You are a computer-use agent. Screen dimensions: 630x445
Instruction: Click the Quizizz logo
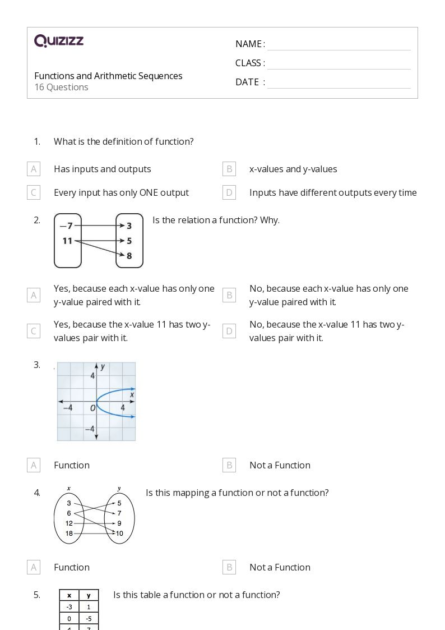59,41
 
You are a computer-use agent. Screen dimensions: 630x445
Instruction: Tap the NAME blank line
339,44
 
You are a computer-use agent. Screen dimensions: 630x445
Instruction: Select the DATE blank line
339,82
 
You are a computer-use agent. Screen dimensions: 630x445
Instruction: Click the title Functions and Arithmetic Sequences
108,76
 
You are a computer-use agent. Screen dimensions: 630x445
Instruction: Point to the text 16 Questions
61,88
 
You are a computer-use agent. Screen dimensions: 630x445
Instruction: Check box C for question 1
34,192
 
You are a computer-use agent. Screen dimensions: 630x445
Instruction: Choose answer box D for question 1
229,192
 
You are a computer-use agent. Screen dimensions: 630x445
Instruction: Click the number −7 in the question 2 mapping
66,226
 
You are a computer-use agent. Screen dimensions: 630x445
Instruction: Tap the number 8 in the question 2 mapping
129,256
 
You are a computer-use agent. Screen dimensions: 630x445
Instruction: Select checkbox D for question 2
229,331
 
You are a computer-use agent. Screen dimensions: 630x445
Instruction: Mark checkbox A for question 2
34,295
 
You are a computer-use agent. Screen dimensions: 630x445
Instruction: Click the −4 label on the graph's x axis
67,408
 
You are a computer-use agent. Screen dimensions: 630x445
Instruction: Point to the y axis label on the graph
103,367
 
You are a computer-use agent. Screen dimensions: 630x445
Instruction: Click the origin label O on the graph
93,408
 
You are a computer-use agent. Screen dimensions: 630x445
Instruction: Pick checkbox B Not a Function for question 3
229,465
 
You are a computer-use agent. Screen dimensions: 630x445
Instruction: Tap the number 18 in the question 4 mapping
69,533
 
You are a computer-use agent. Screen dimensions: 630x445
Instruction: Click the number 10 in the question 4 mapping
119,533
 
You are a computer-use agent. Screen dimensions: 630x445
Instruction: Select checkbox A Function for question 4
34,567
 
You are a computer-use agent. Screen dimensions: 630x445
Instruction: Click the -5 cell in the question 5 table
89,618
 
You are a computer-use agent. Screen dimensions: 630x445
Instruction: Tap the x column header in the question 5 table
69,595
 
